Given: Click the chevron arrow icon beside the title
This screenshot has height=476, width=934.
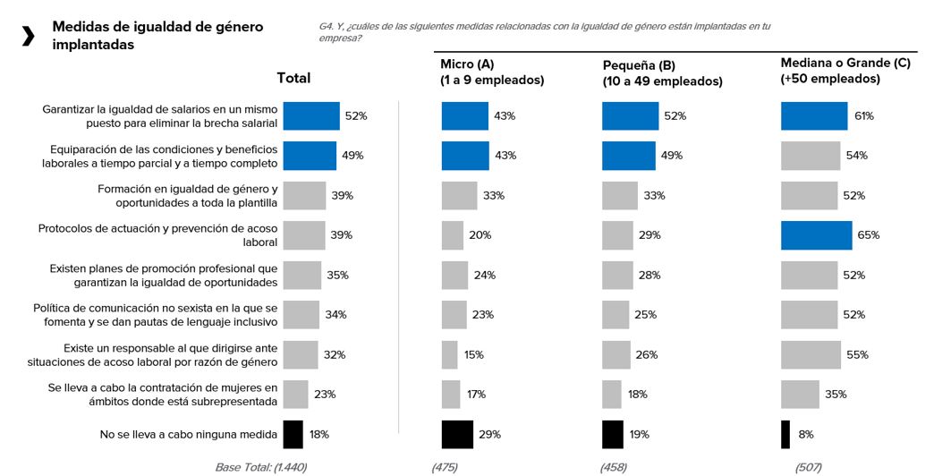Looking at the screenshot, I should pyautogui.click(x=29, y=36).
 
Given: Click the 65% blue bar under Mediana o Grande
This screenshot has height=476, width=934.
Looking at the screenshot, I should pyautogui.click(x=816, y=235).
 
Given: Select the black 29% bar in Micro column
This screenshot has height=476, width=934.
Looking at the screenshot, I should pyautogui.click(x=457, y=434).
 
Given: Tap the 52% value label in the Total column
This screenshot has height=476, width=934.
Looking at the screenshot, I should pyautogui.click(x=356, y=116).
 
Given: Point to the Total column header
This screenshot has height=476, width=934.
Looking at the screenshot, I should pyautogui.click(x=293, y=78).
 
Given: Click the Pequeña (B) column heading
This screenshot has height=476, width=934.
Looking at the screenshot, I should pyautogui.click(x=662, y=73).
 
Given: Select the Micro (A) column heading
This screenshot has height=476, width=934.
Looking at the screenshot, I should pyautogui.click(x=492, y=72).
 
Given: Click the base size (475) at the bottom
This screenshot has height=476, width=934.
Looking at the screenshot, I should pyautogui.click(x=445, y=467).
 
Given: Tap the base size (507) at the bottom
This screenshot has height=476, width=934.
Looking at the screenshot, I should pyautogui.click(x=808, y=467).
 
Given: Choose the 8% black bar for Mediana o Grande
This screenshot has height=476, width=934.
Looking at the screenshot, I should pyautogui.click(x=785, y=434).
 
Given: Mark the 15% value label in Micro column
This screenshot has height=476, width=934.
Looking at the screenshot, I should pyautogui.click(x=474, y=355).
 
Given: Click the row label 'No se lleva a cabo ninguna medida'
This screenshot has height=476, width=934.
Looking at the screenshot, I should pyautogui.click(x=189, y=435).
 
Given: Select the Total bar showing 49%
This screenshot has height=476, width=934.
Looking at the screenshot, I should pyautogui.click(x=310, y=156).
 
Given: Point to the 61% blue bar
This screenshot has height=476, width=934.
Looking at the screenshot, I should pyautogui.click(x=813, y=116).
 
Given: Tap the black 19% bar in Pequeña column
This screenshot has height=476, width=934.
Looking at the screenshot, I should pyautogui.click(x=612, y=434).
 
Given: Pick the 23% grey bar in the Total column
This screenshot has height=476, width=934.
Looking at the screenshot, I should pyautogui.click(x=295, y=395).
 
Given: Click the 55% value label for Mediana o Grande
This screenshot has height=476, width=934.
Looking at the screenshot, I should pyautogui.click(x=856, y=355).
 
